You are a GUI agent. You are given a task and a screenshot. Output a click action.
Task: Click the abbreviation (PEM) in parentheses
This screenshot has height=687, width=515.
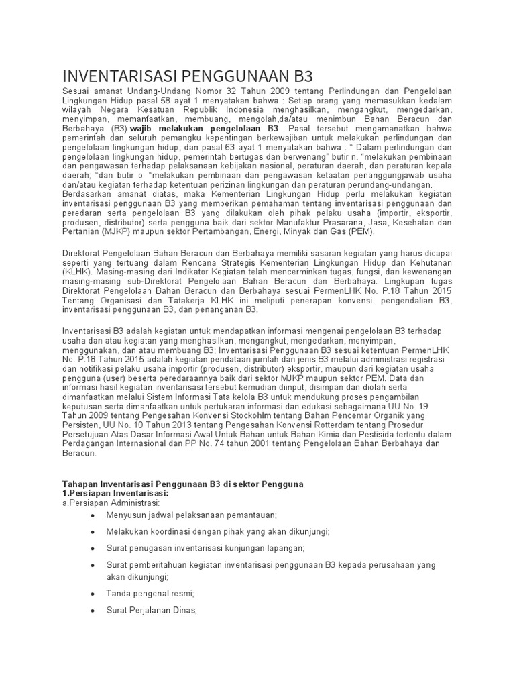point(361,231)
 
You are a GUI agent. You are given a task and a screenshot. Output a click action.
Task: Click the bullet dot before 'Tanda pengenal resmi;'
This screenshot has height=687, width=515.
point(92,594)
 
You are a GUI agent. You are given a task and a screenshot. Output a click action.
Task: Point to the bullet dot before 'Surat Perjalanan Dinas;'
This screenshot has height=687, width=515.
point(92,611)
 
